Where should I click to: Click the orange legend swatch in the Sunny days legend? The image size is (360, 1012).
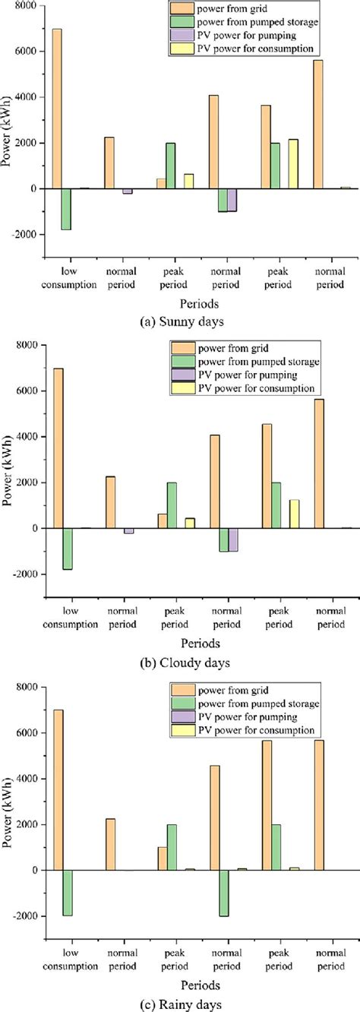(x=182, y=8)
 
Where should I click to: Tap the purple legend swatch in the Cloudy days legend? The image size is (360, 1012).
(x=182, y=375)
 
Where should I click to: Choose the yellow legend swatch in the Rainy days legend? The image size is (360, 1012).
(x=182, y=729)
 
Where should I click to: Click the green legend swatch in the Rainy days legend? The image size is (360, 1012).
(x=182, y=703)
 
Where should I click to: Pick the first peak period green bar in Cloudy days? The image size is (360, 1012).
(x=172, y=505)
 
